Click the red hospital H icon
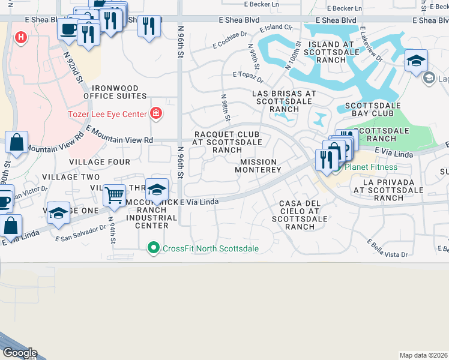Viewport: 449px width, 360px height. coord(22,37)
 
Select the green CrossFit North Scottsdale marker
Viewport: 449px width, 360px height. coord(154,248)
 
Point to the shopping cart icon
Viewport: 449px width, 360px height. coord(114,194)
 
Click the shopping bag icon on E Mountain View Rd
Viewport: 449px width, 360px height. coord(17,143)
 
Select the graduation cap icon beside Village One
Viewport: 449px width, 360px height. coord(58,214)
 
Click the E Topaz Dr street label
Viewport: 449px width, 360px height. coord(248,77)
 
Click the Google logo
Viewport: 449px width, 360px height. coord(19,353)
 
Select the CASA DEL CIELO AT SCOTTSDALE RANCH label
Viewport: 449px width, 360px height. coord(300,215)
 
